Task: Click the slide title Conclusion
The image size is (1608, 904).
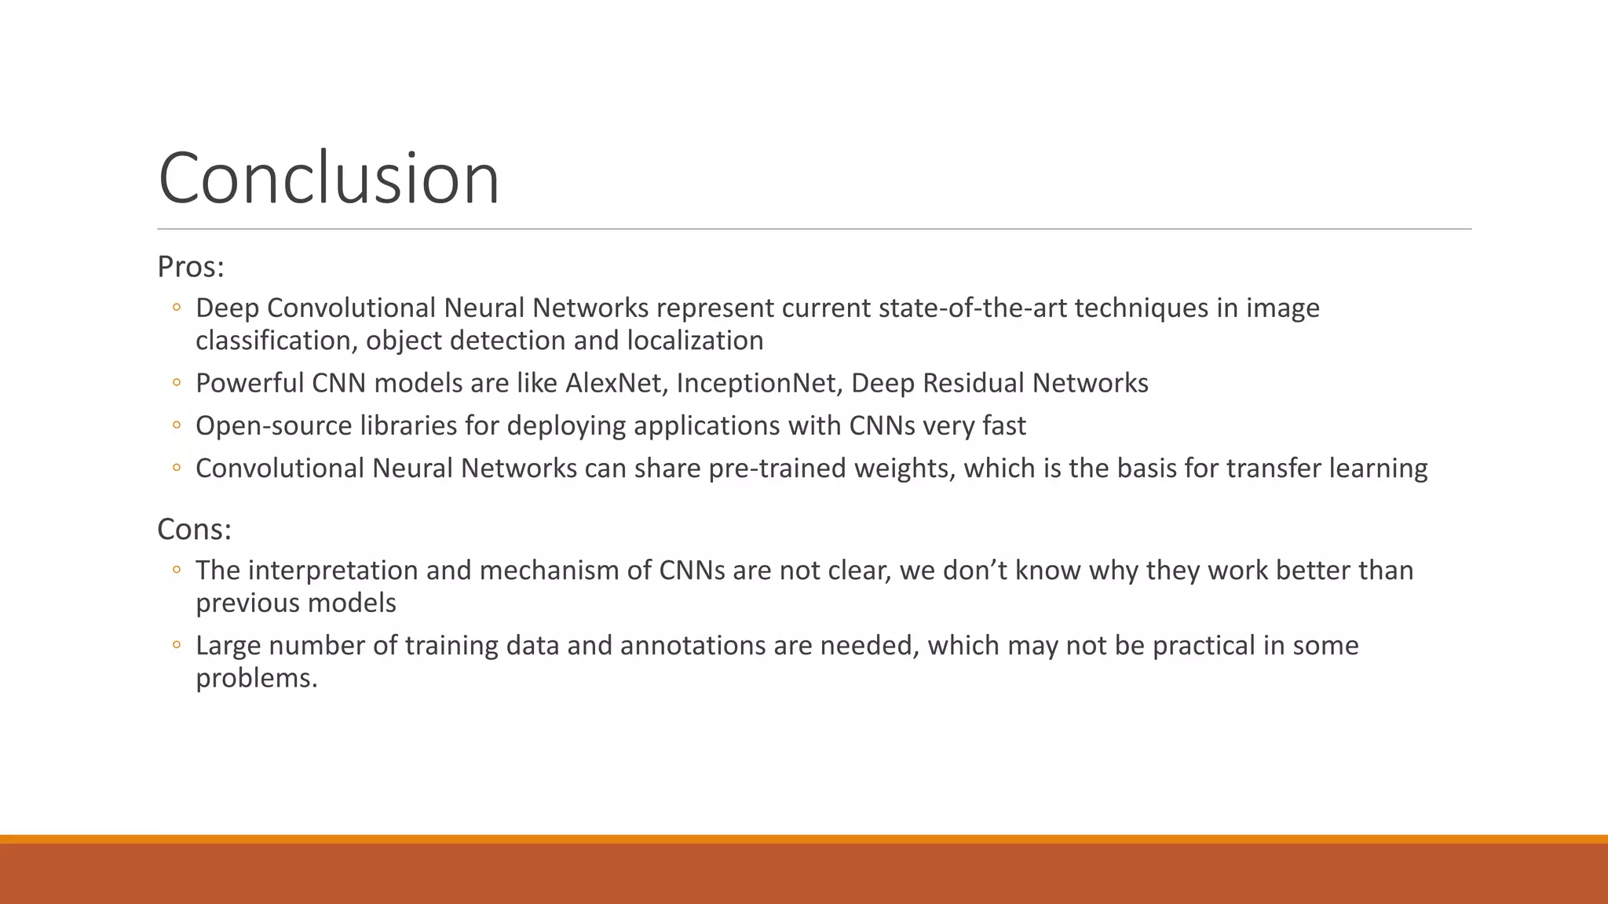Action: pos(328,179)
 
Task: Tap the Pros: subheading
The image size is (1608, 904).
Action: pos(191,267)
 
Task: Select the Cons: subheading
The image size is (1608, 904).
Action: pos(194,530)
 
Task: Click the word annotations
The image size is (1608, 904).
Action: pos(693,646)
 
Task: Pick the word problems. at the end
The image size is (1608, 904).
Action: pos(257,678)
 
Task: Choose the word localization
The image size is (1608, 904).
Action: pos(695,341)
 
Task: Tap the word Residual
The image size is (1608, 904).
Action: pos(974,383)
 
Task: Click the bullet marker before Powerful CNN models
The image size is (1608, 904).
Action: pos(177,383)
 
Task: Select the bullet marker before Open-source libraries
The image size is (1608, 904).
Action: pos(177,425)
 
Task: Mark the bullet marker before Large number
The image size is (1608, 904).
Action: pos(177,646)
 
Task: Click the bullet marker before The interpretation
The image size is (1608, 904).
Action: pos(177,570)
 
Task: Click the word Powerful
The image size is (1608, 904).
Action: pos(250,383)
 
